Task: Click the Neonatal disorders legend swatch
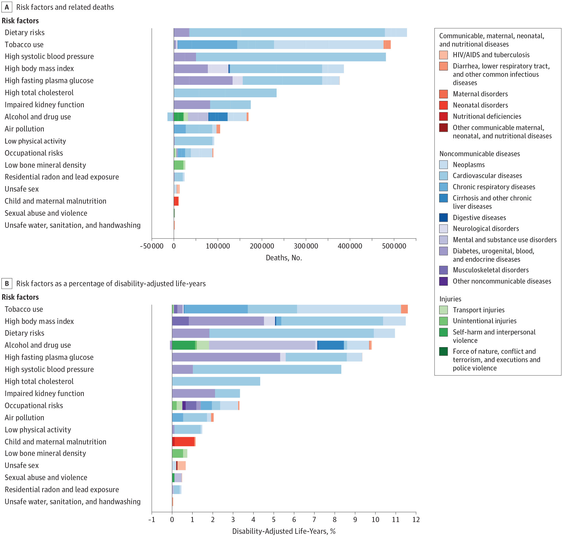point(443,105)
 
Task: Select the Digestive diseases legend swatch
point(443,217)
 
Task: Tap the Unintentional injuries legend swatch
point(443,321)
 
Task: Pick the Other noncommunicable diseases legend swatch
point(443,281)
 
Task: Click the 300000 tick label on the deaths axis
point(306,246)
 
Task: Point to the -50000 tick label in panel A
point(151,246)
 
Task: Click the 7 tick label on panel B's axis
point(314,519)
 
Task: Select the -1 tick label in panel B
point(151,519)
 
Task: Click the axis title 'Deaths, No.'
point(284,258)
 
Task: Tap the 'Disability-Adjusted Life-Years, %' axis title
point(284,531)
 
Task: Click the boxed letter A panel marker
point(7,7)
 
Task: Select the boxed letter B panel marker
point(7,284)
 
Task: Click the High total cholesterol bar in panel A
point(225,93)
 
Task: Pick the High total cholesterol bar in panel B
point(216,381)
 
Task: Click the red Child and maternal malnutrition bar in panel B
point(184,442)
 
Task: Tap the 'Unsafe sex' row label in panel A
point(22,189)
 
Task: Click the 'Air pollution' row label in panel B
point(24,418)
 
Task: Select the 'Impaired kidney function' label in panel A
point(44,105)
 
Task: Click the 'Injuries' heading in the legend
point(450,299)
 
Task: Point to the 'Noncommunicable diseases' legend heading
point(480,154)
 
